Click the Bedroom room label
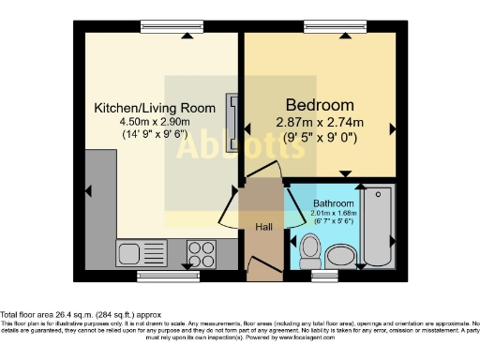click(320, 104)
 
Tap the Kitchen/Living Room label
click(155, 108)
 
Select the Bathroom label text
click(334, 203)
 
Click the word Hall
click(264, 226)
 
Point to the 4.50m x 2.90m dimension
click(155, 121)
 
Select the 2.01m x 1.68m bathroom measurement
click(334, 215)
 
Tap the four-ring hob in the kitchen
click(202, 253)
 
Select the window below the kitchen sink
click(169, 275)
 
